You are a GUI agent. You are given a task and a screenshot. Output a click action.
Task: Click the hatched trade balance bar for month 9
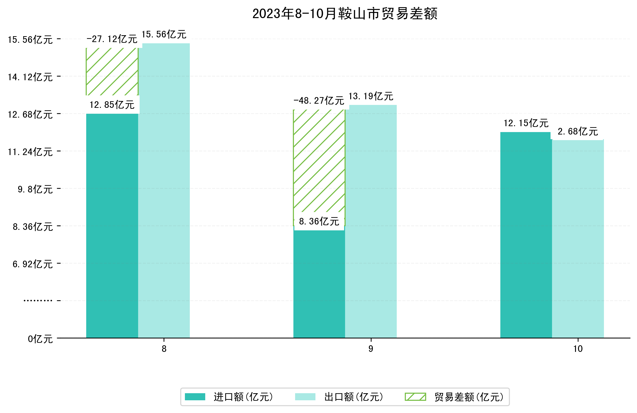pos(319,160)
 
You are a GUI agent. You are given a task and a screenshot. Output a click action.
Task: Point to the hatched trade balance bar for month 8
pos(112,71)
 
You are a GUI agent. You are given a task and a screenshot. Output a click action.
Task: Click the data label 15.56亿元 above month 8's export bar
pos(164,34)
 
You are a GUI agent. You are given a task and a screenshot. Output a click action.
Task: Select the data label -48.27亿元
pos(318,101)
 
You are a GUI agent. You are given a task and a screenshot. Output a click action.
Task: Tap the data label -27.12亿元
pos(112,39)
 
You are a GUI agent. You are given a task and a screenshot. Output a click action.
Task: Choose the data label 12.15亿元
pos(526,123)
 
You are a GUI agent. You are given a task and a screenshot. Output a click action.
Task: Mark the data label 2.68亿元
pos(577,132)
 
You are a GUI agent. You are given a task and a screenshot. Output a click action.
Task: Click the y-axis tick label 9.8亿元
pos(35,189)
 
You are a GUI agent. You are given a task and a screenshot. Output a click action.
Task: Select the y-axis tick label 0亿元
pos(40,339)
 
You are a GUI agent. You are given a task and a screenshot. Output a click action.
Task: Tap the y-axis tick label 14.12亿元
pos(30,77)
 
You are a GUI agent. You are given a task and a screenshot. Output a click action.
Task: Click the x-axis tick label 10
pos(578,349)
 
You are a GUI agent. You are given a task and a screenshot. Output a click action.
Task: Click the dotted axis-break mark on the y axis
pos(38,301)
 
